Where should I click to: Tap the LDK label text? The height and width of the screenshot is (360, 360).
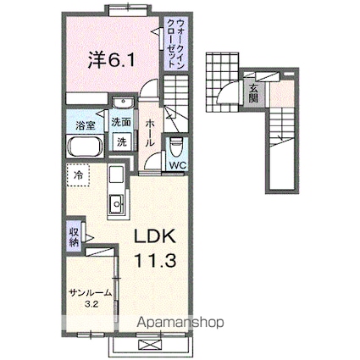(155, 236)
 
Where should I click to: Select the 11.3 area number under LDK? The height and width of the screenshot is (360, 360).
(156, 260)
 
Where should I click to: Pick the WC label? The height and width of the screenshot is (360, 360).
(177, 165)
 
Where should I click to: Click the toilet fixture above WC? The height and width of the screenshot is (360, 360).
(177, 147)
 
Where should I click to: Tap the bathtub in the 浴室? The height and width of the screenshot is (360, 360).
(85, 146)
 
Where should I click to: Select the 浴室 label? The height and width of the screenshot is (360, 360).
(85, 126)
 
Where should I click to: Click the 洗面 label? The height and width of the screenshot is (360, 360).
(121, 122)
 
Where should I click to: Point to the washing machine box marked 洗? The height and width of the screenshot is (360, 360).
(122, 141)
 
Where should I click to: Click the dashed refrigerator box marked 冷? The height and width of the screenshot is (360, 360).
(78, 175)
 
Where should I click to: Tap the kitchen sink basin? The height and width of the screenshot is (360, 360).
(116, 203)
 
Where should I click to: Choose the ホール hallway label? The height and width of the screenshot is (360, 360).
(150, 132)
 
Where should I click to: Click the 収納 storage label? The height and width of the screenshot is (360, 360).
(74, 236)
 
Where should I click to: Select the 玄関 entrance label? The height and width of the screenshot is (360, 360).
(253, 93)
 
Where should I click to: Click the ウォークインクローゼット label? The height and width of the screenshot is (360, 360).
(176, 42)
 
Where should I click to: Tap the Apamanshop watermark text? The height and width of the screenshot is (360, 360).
(180, 323)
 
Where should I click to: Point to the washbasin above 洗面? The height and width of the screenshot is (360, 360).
(123, 102)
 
